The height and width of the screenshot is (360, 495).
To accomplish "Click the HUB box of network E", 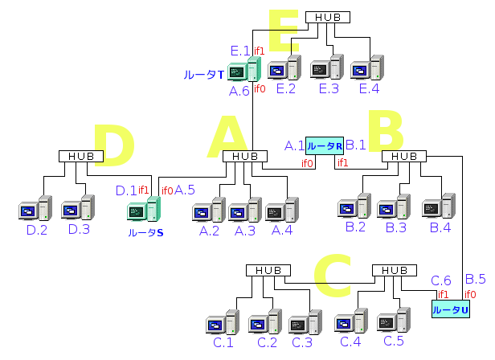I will tap(327, 17).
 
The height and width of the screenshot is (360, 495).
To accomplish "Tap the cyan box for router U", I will tap(450, 309).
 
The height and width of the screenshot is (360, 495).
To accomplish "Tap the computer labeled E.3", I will tap(327, 70).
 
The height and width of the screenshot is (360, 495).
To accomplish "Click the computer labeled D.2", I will tap(35, 211).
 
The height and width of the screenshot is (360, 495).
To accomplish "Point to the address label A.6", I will tap(239, 92).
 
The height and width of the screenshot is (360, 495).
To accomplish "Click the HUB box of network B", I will tap(405, 156).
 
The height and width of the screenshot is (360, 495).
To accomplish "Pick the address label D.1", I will tap(126, 190).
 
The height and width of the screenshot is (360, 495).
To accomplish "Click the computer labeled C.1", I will tap(223, 325).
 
